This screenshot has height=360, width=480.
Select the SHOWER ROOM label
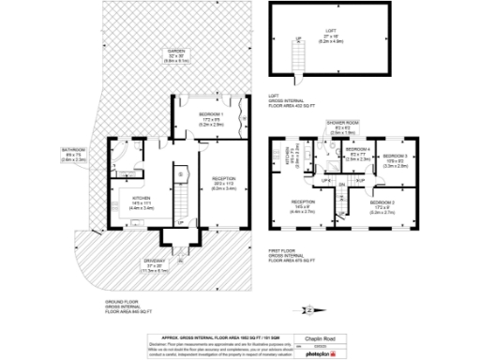tap(343, 123)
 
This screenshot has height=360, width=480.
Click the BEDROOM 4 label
tap(358, 150)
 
